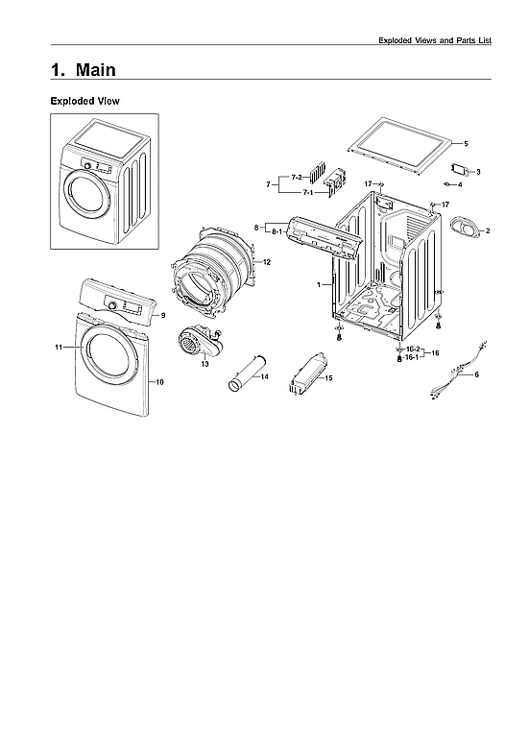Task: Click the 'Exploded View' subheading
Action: point(84,101)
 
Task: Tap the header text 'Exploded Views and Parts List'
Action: point(435,40)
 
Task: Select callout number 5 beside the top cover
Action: point(466,143)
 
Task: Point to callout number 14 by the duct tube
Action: point(264,376)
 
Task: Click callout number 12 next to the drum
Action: point(267,261)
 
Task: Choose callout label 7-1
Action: point(308,192)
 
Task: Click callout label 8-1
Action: point(275,231)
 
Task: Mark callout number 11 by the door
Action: point(59,347)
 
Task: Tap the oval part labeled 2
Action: point(466,229)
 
